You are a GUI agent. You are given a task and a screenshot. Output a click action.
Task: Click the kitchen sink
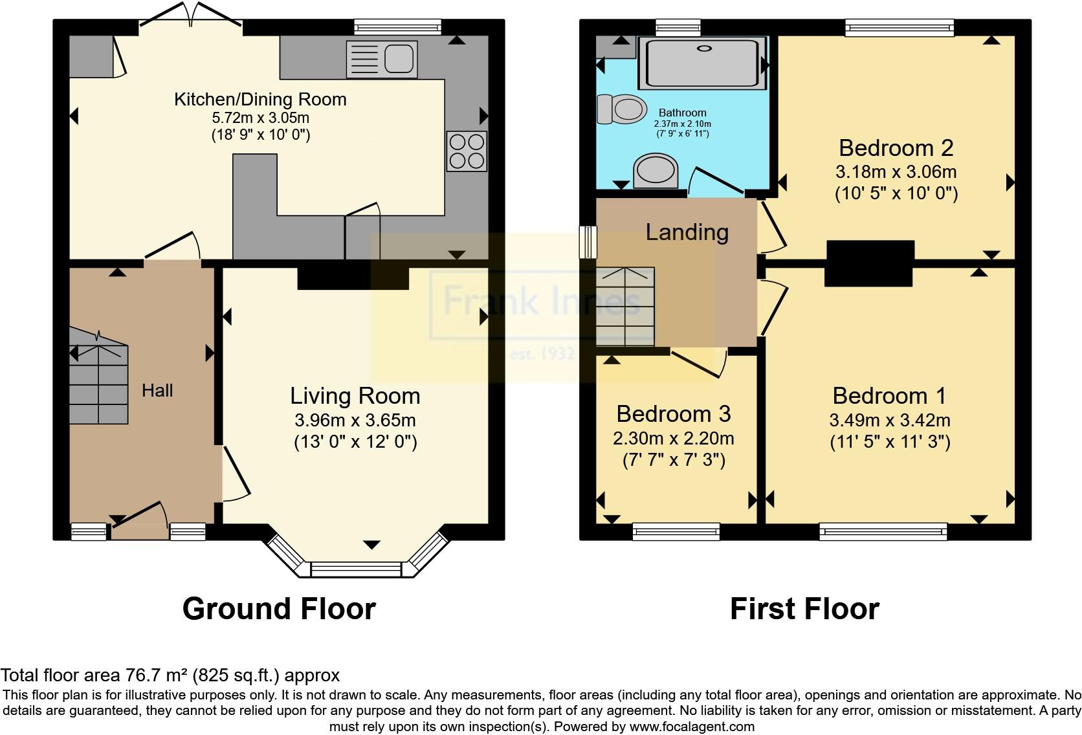point(381,59)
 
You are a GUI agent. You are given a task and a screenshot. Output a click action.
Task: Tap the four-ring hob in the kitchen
point(467,151)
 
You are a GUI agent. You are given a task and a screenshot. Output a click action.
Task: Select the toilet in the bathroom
point(622,109)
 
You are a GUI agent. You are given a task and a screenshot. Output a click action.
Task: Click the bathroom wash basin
point(656,171)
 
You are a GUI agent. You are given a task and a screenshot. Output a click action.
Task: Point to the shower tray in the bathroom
point(700,63)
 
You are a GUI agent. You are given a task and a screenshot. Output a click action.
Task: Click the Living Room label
point(355,396)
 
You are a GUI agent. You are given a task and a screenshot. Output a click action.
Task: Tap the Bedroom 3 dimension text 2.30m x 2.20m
point(673,439)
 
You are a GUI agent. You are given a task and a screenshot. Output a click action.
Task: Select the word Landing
point(687,232)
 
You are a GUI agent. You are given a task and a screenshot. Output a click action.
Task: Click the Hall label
point(157,390)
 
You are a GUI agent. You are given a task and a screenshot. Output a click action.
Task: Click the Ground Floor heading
point(279,609)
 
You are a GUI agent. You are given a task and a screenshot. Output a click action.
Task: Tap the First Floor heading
point(804,609)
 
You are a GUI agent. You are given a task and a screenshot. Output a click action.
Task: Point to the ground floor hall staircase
point(98,382)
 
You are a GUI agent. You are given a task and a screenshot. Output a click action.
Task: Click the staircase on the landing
point(625,307)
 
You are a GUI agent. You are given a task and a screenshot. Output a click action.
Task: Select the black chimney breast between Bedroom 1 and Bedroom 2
point(870,263)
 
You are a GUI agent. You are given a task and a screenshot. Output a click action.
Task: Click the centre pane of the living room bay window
point(357,569)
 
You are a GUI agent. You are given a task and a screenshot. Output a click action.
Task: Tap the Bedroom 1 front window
point(883,532)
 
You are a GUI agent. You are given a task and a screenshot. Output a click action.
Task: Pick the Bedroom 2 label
point(896,148)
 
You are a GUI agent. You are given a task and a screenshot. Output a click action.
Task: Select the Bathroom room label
point(682,113)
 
